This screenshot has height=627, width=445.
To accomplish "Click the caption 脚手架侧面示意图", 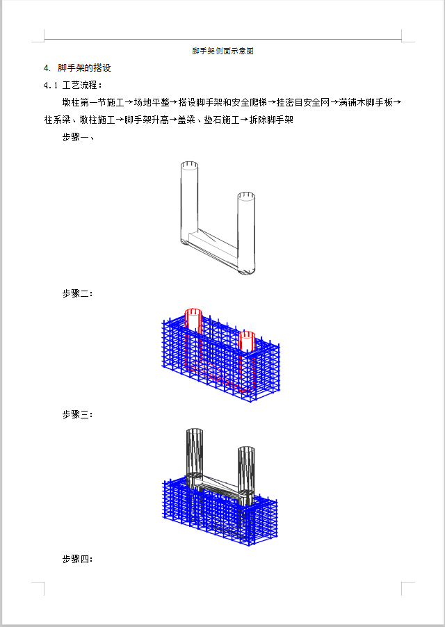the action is click(222, 51).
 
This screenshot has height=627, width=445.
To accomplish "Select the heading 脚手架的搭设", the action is click(84, 68).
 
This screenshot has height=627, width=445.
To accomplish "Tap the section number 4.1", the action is click(51, 85).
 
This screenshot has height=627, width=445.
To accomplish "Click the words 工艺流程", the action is click(79, 85).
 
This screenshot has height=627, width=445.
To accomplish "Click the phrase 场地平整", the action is click(152, 103).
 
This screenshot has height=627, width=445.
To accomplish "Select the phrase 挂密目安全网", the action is click(303, 103).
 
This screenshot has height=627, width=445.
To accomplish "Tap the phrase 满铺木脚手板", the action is click(366, 103).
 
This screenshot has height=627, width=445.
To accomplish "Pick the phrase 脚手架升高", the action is click(146, 120).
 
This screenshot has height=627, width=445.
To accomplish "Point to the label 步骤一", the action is click(75, 138).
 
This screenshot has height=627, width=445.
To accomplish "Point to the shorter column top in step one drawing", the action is click(246, 196).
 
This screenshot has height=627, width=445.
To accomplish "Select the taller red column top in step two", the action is click(193, 312).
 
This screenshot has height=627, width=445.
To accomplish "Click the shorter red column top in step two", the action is click(247, 335).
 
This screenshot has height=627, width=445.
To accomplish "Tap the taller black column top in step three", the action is click(194, 432).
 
